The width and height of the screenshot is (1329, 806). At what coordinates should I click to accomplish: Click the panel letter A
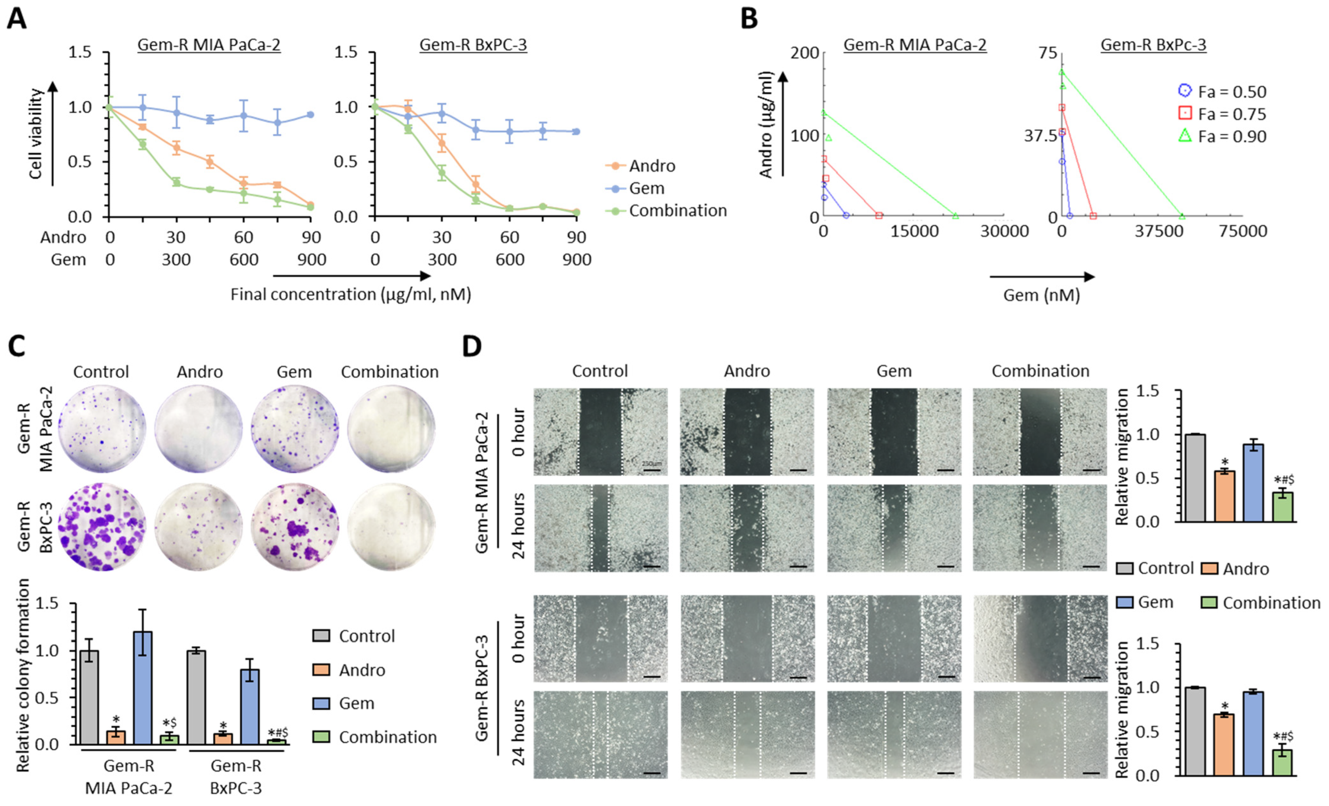tap(16, 18)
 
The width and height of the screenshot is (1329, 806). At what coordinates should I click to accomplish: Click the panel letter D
tap(472, 346)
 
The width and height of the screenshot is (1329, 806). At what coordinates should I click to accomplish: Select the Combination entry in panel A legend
tap(678, 211)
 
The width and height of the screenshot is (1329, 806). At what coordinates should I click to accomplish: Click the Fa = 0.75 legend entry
tap(1231, 114)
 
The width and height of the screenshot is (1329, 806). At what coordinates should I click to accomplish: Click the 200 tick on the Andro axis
tap(804, 53)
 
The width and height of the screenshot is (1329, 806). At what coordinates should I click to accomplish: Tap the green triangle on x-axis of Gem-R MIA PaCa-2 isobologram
tap(955, 216)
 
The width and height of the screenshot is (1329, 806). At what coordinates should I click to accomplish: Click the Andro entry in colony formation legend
tap(361, 670)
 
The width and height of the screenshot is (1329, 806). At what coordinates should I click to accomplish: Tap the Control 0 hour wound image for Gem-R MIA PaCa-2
tap(600, 432)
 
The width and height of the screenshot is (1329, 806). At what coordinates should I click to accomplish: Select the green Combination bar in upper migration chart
tap(1283, 507)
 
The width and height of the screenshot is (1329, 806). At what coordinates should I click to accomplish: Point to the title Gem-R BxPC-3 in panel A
tap(473, 45)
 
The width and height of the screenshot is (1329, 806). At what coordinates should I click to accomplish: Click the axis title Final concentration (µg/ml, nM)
tap(350, 294)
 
